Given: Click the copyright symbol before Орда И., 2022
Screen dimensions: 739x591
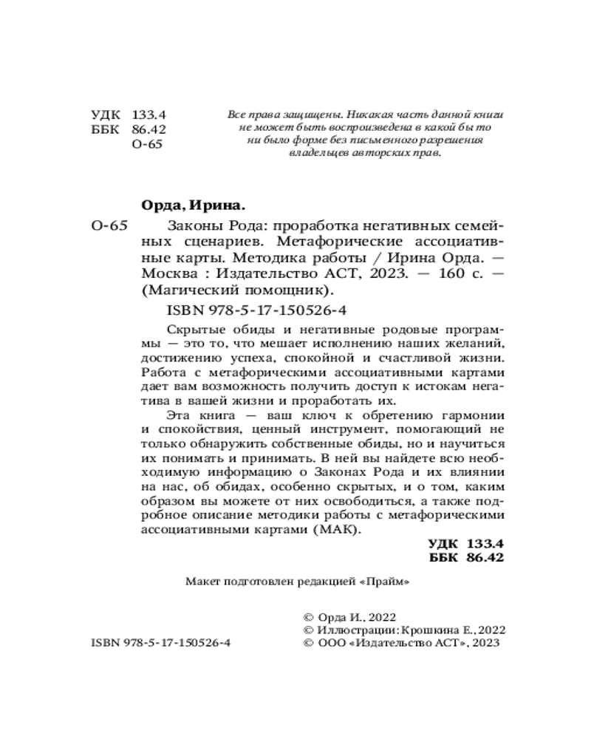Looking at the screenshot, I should pyautogui.click(x=309, y=615).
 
